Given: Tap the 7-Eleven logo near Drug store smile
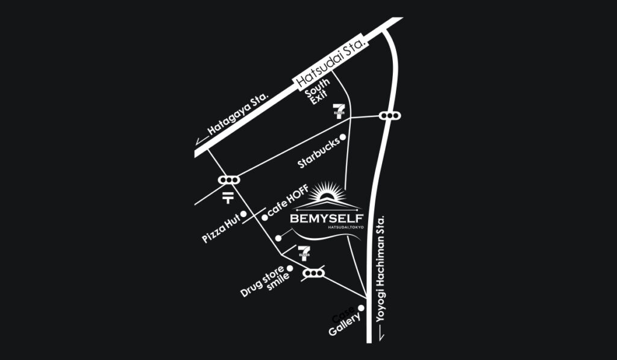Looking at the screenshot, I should (x=305, y=253).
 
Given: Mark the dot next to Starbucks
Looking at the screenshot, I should (x=343, y=138).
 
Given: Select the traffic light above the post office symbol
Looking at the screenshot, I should (x=229, y=180).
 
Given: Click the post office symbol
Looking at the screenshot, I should (x=228, y=195).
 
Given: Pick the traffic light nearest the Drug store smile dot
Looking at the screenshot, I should (x=313, y=274).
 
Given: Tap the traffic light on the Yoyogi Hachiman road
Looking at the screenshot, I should (x=389, y=115).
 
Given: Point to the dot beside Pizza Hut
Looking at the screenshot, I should (x=244, y=214).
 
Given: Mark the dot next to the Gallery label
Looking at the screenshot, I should (x=362, y=308).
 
